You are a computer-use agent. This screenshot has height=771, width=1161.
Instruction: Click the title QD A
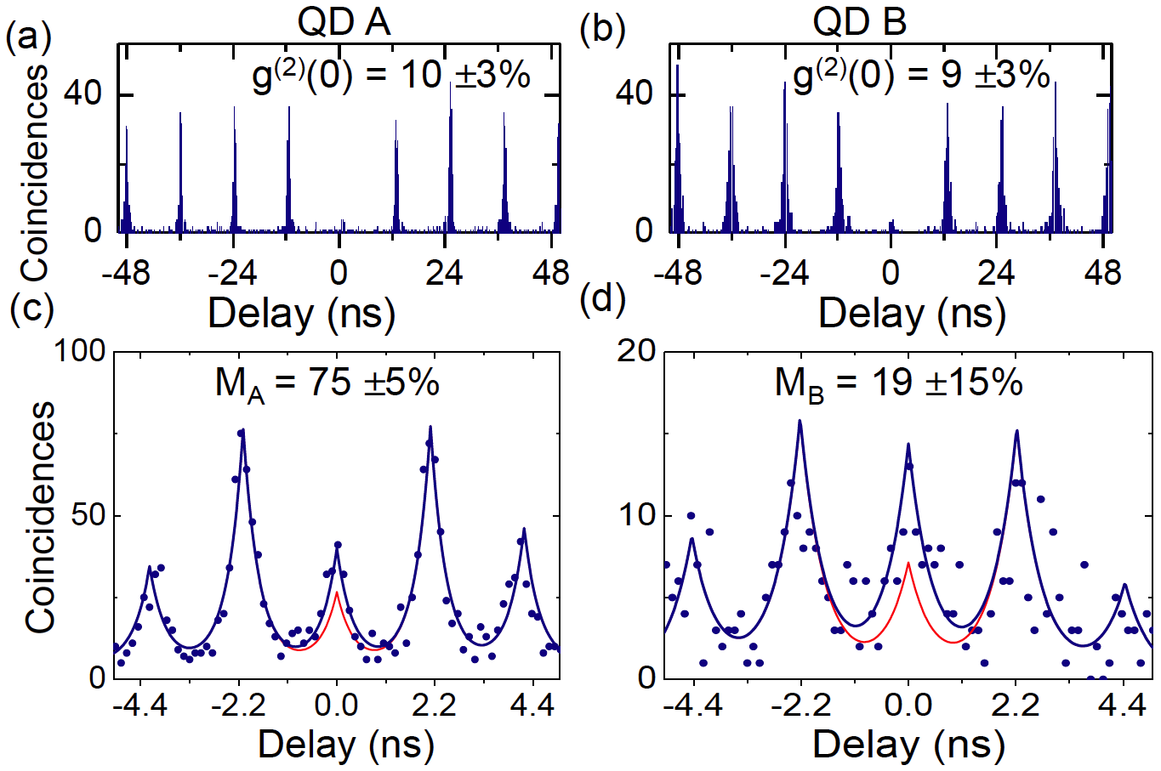click(x=344, y=22)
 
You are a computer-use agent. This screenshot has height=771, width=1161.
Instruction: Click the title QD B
click(x=860, y=22)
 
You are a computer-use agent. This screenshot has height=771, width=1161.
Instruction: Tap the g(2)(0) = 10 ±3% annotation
click(x=391, y=77)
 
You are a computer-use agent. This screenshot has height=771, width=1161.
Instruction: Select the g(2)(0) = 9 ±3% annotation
click(x=921, y=77)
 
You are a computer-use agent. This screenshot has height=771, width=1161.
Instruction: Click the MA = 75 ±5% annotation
click(x=327, y=384)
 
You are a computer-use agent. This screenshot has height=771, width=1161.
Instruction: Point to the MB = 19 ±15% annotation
click(x=898, y=384)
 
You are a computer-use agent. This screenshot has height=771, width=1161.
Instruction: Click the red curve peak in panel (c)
click(x=337, y=592)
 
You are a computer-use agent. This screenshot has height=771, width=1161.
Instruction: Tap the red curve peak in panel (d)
click(x=908, y=563)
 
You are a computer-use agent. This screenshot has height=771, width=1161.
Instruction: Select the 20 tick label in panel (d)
click(x=637, y=352)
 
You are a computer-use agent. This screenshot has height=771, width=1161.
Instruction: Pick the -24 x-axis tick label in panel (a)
click(x=232, y=273)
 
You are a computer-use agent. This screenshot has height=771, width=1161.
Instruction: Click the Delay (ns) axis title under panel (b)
click(x=912, y=314)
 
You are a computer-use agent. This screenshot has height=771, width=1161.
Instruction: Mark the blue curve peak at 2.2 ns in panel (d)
click(x=1016, y=431)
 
